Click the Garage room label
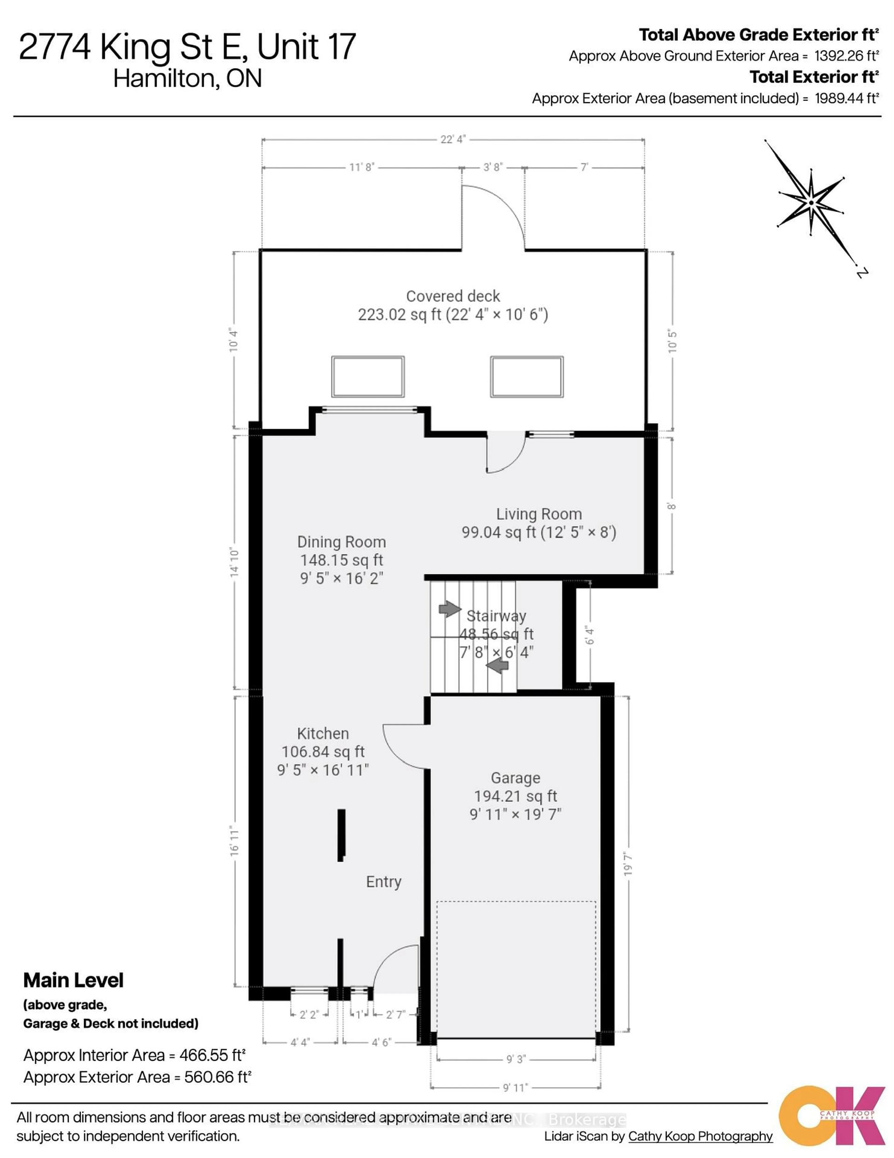pos(515,778)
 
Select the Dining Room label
pos(341,542)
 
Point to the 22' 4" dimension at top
pos(453,140)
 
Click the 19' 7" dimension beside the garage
pos(629,864)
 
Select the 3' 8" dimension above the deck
pos(492,167)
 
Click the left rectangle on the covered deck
pos(368,376)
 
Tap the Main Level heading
pos(74,980)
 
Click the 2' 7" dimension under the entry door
pos(395,1014)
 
